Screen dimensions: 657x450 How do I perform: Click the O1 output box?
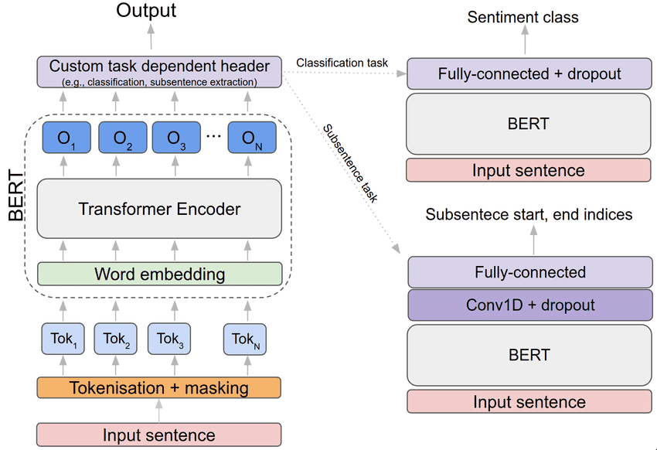[x=66, y=137]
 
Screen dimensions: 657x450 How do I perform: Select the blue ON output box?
[x=252, y=137]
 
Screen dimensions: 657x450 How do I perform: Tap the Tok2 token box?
[x=116, y=339]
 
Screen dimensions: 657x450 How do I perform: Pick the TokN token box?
[x=245, y=339]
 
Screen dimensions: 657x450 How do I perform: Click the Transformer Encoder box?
[x=159, y=209]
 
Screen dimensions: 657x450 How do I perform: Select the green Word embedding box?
[x=160, y=274]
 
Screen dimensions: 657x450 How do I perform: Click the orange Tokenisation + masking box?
[x=158, y=387]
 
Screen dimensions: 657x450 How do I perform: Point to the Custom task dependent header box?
[x=159, y=72]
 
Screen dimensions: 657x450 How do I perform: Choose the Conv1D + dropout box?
[x=530, y=305]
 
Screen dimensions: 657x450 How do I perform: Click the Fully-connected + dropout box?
[x=529, y=73]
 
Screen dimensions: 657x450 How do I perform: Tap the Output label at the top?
[x=146, y=10]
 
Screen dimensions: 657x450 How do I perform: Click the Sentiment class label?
[x=523, y=17]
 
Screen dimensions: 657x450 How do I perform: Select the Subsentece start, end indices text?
[x=529, y=214]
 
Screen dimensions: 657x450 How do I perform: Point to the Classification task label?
[x=342, y=63]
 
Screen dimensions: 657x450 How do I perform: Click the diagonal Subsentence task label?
[x=350, y=163]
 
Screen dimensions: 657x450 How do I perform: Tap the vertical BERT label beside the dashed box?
[x=16, y=196]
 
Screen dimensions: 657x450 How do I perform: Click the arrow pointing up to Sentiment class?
[x=525, y=39]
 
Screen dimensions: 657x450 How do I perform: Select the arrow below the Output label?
[x=151, y=37]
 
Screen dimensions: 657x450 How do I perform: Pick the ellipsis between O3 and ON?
[x=213, y=136]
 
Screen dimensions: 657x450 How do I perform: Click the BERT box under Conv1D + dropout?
[x=529, y=356]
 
